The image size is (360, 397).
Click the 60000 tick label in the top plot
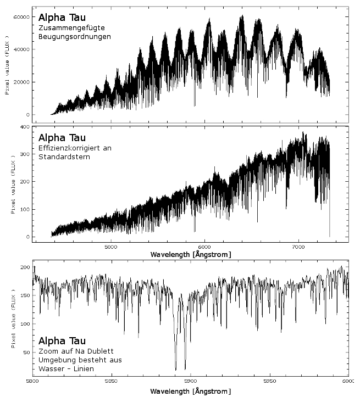click(21, 17)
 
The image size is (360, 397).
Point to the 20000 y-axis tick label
click(21, 82)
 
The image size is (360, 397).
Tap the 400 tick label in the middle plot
click(25, 127)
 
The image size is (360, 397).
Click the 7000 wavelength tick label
click(298, 247)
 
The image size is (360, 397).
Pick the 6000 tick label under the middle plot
click(204, 247)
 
